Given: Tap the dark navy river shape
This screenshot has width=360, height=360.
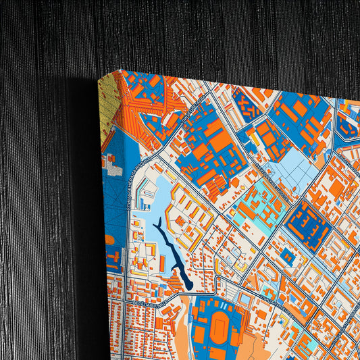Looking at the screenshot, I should [176, 260].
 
